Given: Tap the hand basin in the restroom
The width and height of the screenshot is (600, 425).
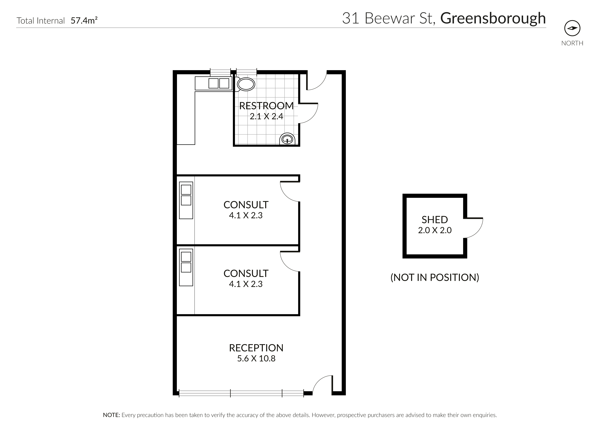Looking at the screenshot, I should (x=287, y=140).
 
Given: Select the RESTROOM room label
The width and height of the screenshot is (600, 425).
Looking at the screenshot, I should (x=266, y=106).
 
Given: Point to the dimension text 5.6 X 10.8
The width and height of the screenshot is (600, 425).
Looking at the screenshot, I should (x=256, y=359).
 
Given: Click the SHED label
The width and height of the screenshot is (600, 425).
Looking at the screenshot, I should (x=435, y=220).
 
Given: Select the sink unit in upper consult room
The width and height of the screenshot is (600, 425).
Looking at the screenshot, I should (x=186, y=200).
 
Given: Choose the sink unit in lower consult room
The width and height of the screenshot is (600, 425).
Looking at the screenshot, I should (x=186, y=267).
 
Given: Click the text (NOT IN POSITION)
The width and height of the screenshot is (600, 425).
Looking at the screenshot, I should (x=435, y=277).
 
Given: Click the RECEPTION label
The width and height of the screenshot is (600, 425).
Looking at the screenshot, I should (x=256, y=348).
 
